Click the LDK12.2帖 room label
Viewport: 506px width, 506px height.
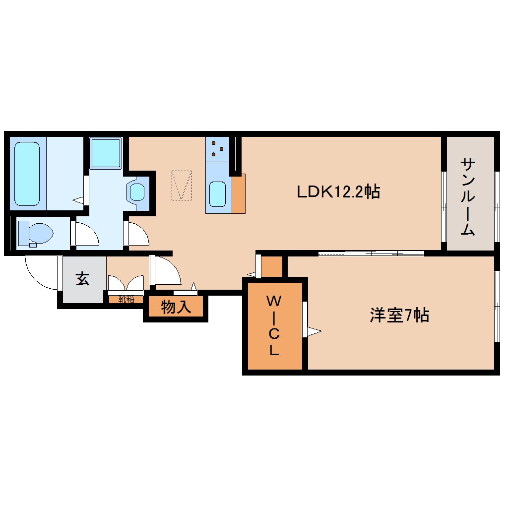coord(338,191)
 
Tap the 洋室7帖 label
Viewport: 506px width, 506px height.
coord(399,316)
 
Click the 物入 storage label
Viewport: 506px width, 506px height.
coord(176,308)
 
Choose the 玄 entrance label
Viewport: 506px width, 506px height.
coord(82,279)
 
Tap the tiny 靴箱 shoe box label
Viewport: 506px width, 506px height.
coord(126,299)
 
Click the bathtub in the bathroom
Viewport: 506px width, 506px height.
coord(27,173)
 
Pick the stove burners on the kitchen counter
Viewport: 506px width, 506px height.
coord(217,148)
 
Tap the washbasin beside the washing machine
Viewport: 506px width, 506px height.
coord(137,191)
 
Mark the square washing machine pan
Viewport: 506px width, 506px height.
coord(106,153)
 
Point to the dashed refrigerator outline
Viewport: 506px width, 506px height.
coord(181,185)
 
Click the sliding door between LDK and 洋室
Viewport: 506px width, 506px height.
coord(371,253)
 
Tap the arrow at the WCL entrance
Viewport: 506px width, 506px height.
coord(314,330)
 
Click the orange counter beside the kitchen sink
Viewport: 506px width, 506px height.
coord(239,193)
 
